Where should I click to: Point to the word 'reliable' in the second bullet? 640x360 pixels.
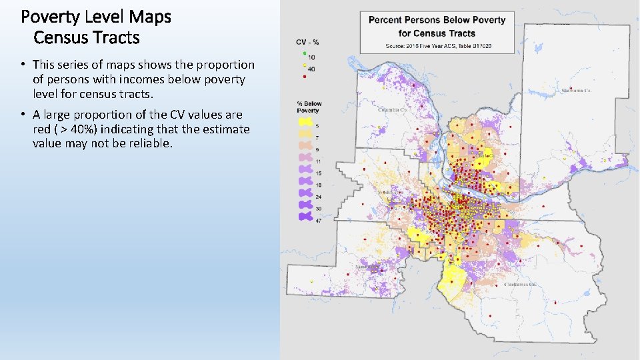[x=150, y=143]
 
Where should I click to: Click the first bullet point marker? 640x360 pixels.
[x=23, y=65]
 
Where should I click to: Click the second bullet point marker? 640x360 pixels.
[x=23, y=115]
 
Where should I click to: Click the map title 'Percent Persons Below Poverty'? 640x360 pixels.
[x=437, y=19]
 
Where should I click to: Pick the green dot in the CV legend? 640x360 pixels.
[x=304, y=53]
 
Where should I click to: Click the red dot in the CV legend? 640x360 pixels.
[x=304, y=77]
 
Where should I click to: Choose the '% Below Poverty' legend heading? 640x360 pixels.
[x=309, y=107]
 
